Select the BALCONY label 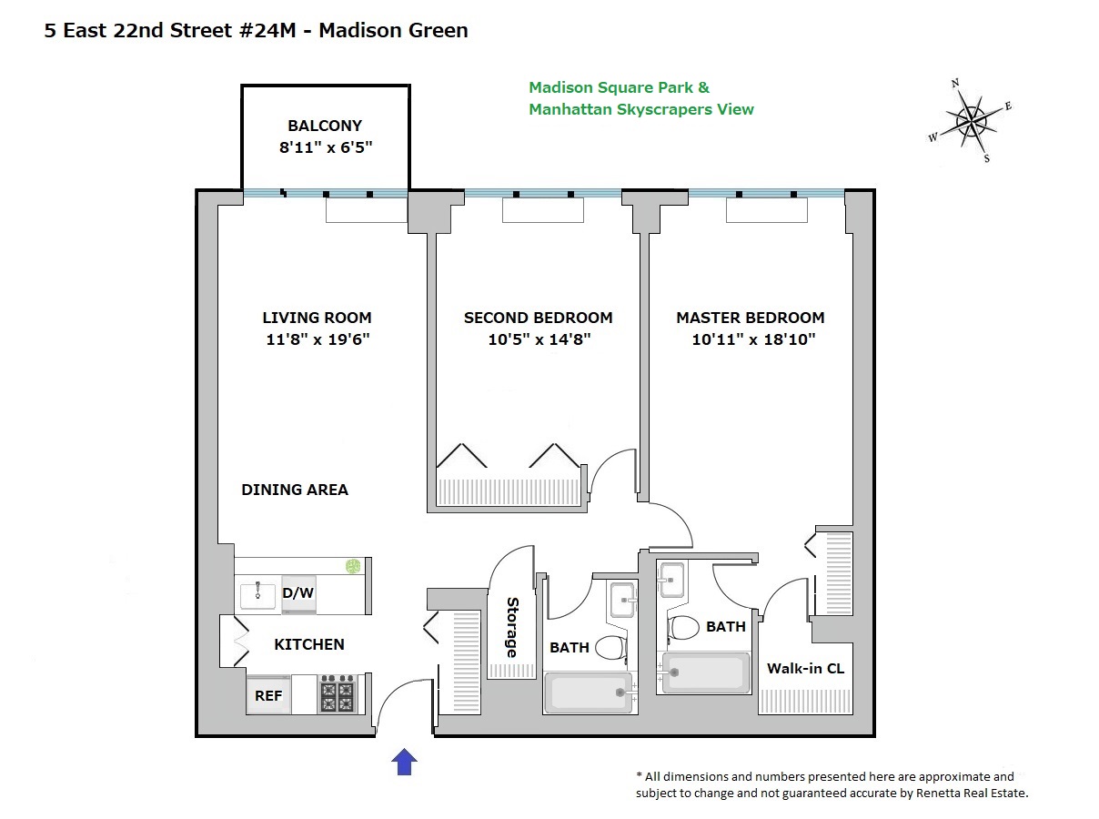325,126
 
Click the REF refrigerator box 268,696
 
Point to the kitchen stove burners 337,696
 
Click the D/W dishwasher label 297,593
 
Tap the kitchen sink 257,596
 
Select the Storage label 511,628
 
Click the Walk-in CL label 805,669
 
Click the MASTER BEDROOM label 750,318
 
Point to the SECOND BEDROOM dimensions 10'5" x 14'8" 538,340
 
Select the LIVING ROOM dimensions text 317,340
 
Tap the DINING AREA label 295,490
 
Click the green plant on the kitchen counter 353,567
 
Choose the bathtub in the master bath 706,673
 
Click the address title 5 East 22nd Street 256,31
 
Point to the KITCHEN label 309,644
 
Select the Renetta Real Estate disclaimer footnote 832,784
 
